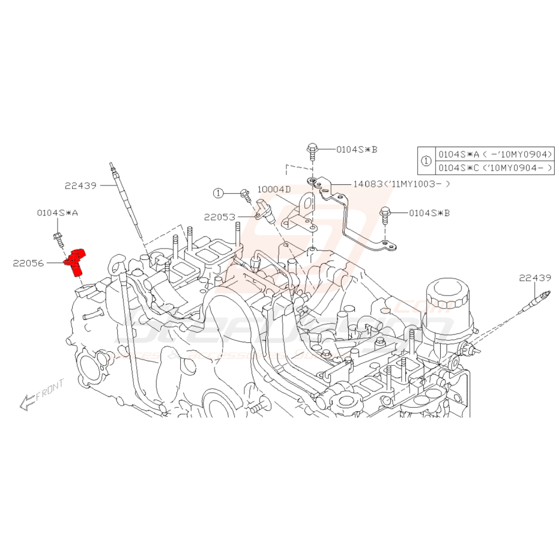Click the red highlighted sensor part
click(x=76, y=262)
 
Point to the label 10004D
click(x=274, y=189)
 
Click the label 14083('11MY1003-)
click(x=401, y=184)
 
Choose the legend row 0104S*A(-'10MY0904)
click(x=494, y=154)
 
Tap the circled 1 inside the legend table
click(x=426, y=161)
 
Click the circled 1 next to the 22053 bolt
click(x=218, y=193)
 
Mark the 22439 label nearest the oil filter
click(x=536, y=277)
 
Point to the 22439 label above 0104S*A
click(x=80, y=186)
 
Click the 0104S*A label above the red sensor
click(x=57, y=213)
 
